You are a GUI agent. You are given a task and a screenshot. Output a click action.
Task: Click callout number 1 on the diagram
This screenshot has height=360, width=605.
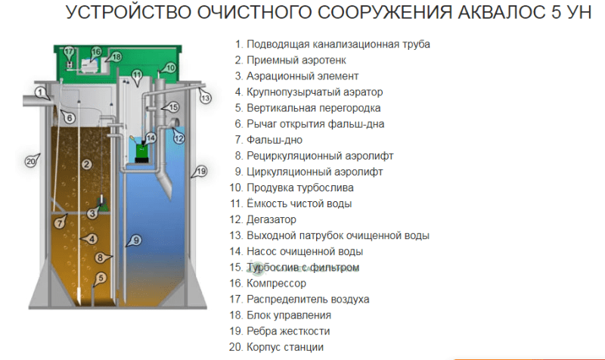click(40, 92)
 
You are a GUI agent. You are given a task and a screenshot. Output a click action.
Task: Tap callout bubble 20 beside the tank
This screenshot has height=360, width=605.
click(31, 161)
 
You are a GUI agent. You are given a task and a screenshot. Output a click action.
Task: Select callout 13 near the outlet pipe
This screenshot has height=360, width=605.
click(205, 98)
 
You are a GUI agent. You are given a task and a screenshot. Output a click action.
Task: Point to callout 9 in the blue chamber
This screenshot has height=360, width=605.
click(136, 241)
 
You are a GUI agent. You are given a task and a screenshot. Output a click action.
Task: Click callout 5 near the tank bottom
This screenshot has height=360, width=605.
click(101, 278)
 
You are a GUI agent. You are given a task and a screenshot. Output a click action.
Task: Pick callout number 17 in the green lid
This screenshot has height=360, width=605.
click(69, 51)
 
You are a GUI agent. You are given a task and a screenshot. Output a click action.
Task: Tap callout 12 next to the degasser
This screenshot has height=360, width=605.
click(179, 138)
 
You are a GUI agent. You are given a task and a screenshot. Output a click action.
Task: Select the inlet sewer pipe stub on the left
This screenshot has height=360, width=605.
click(36, 101)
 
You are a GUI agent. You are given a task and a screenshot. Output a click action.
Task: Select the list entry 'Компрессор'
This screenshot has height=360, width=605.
click(276, 283)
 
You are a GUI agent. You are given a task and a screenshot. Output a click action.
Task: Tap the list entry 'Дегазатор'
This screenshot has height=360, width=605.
click(271, 219)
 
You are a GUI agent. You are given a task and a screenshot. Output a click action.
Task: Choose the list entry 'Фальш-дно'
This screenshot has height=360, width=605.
click(275, 140)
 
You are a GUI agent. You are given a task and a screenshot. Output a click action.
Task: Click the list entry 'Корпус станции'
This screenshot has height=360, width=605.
click(285, 347)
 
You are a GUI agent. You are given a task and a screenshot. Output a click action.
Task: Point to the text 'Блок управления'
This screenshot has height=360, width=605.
click(289, 315)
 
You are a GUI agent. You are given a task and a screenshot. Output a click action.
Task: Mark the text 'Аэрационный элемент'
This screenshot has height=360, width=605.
click(302, 76)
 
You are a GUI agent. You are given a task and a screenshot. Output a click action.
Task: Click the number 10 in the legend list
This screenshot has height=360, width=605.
click(235, 188)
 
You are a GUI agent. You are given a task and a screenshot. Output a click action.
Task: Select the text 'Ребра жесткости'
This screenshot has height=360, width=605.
click(288, 331)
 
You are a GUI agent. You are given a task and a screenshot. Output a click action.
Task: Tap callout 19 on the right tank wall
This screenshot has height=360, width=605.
click(201, 171)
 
